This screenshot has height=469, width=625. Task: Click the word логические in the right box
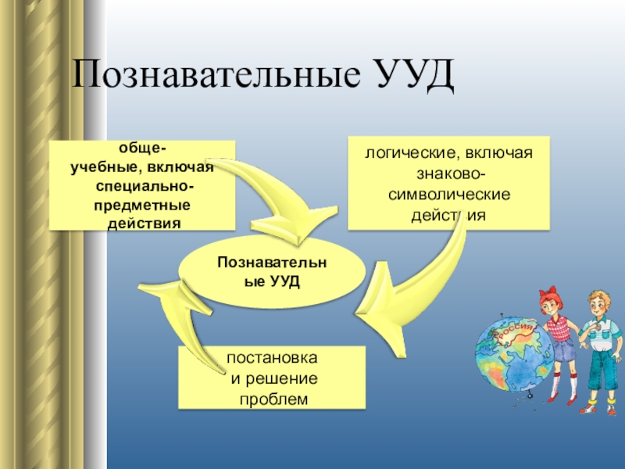[404, 152]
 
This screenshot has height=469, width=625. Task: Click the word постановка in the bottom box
[271, 357]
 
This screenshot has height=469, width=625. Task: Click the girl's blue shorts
[562, 351]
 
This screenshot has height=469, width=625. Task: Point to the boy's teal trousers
[600, 367]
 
